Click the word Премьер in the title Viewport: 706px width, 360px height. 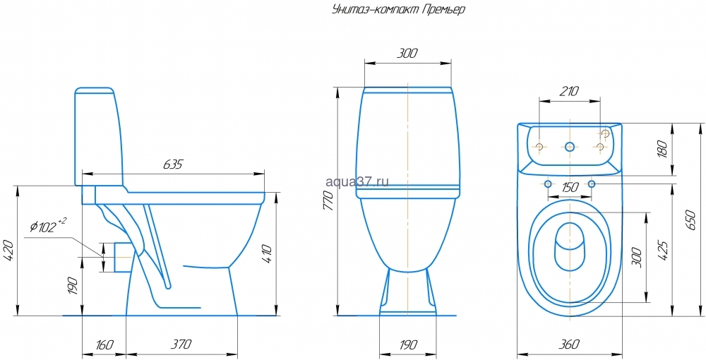click(443, 9)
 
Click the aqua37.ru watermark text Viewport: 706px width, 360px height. click(357, 181)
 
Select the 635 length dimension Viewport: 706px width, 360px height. click(172, 164)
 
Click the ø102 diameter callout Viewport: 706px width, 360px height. click(48, 226)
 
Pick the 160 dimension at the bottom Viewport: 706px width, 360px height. click(104, 345)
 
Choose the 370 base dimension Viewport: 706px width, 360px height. click(181, 344)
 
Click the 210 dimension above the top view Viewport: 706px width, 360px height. click(570, 91)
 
